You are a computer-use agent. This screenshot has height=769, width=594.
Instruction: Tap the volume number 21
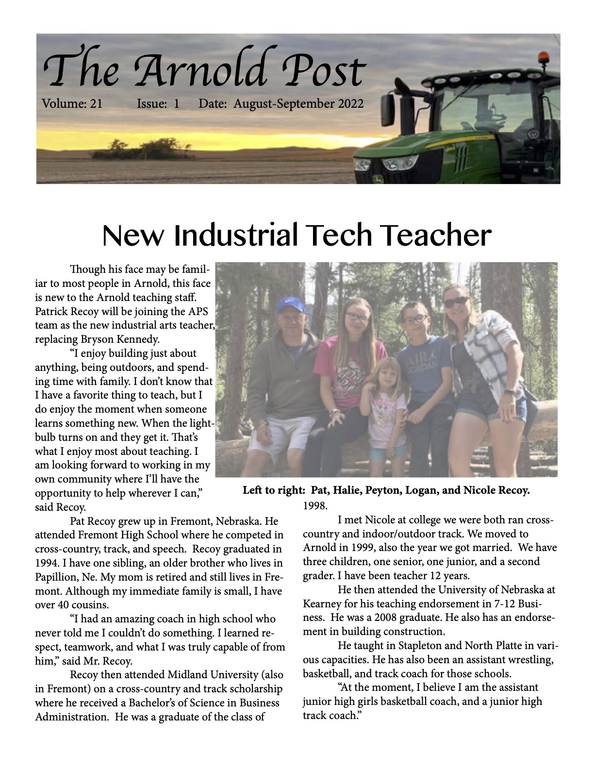pos(96,103)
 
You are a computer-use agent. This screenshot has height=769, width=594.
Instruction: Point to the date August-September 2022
pos(298,103)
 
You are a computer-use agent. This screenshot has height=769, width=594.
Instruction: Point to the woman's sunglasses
pos(456,302)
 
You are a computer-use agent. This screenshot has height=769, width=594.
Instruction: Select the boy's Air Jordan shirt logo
pos(423,363)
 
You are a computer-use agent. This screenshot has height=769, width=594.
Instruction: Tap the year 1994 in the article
pos(47,563)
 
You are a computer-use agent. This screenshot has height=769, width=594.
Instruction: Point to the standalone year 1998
pos(315,505)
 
